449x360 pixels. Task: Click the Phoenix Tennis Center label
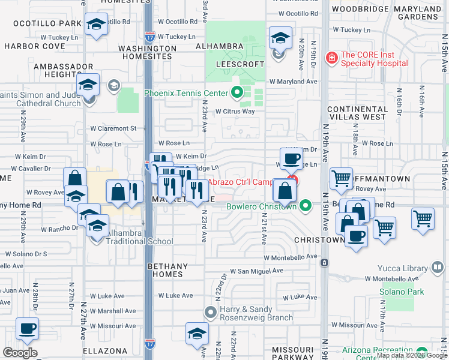pos(186,93)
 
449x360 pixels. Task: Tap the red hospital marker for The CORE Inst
pos(331,58)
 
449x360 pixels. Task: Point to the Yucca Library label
pos(402,268)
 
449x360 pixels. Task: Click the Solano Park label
pos(402,292)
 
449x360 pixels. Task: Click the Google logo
pos(20,353)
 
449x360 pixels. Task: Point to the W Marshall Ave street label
pos(113,311)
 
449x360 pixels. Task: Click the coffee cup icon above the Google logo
pos(27,329)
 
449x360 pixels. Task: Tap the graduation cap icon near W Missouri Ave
pos(197,332)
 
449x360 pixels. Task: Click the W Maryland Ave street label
pos(293,82)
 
